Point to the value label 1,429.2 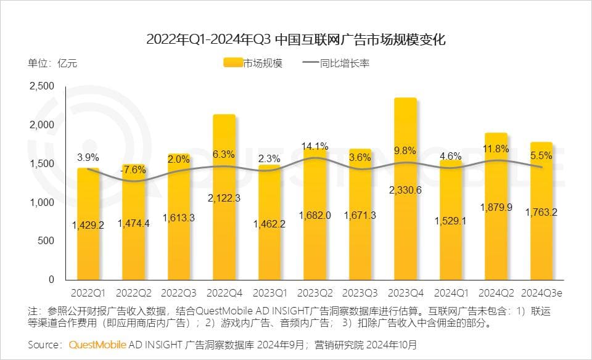pyautogui.click(x=88, y=225)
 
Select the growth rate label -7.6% pyautogui.click(x=133, y=169)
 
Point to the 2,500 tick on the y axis pyautogui.click(x=42, y=86)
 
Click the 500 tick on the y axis pyautogui.click(x=47, y=241)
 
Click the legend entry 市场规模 pyautogui.click(x=253, y=63)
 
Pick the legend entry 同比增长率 pyautogui.click(x=335, y=63)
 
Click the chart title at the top pyautogui.click(x=295, y=40)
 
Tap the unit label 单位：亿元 pyautogui.click(x=52, y=63)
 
